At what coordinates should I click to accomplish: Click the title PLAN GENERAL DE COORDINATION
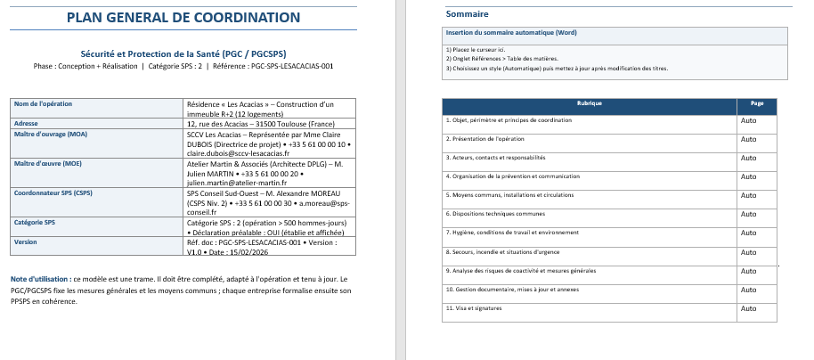tap(183, 18)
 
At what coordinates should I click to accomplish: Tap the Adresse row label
tap(26, 124)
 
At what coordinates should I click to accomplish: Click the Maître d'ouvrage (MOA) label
tap(50, 134)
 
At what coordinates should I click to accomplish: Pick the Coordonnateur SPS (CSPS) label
tap(53, 192)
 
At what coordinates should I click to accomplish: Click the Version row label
tap(26, 241)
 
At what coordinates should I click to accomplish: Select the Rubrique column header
tap(590, 104)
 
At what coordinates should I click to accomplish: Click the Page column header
tap(757, 104)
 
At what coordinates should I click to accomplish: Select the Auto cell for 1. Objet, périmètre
tap(749, 120)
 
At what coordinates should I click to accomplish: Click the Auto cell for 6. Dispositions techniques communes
tap(749, 214)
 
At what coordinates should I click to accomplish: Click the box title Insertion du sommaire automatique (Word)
tap(511, 32)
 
